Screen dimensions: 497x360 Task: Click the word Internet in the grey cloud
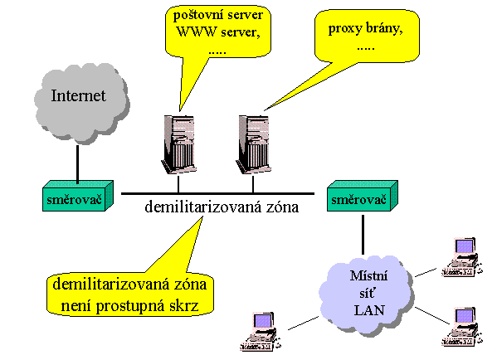(78, 95)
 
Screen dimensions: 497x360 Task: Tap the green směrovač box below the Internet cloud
(78, 196)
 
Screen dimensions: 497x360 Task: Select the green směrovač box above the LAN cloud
(363, 196)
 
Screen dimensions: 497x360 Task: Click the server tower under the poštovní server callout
(178, 144)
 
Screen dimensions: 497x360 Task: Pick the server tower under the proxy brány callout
(253, 144)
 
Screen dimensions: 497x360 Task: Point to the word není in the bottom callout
(76, 305)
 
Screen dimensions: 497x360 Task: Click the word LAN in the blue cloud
(369, 310)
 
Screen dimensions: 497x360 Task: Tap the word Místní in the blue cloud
(368, 275)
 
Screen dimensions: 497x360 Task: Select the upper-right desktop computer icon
(462, 257)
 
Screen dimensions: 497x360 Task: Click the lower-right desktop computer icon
(462, 327)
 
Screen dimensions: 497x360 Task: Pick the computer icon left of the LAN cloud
(261, 332)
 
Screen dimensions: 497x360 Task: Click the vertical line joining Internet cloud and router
(77, 164)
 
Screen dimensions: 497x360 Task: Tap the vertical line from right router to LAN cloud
(363, 235)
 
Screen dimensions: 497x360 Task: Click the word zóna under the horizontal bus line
(282, 207)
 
